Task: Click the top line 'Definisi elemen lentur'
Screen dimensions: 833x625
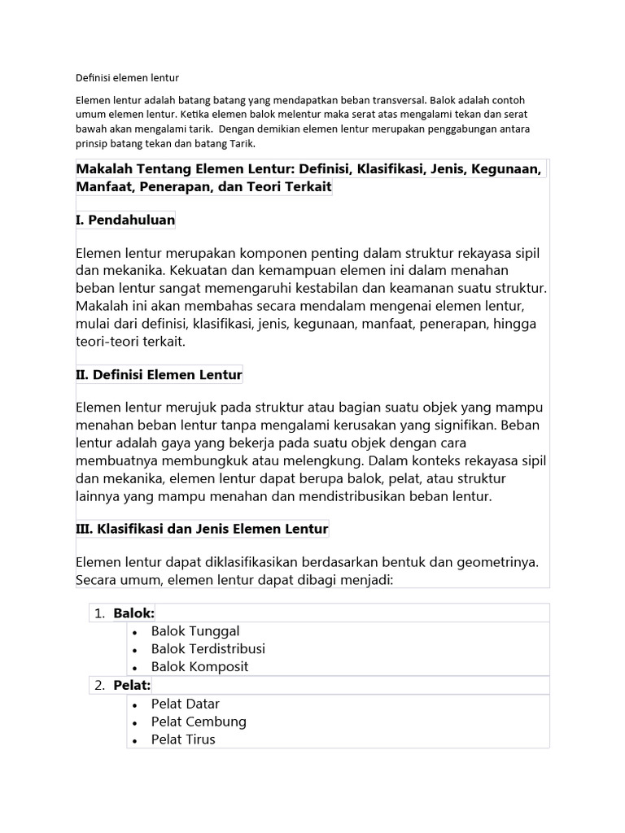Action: (x=126, y=78)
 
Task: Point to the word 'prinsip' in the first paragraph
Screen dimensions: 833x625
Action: (x=92, y=144)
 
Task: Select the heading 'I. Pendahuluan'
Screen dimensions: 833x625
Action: (x=125, y=220)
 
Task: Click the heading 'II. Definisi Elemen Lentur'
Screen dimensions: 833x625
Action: (x=159, y=375)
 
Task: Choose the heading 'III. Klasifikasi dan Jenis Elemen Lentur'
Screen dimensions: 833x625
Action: (x=202, y=529)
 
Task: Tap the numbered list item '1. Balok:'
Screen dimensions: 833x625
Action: (x=125, y=613)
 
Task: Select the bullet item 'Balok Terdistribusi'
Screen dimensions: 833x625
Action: (x=208, y=648)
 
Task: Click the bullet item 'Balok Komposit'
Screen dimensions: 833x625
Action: (x=199, y=666)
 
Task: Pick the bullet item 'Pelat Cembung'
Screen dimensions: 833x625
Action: (x=199, y=722)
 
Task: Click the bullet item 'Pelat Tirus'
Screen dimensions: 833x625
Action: (x=183, y=739)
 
